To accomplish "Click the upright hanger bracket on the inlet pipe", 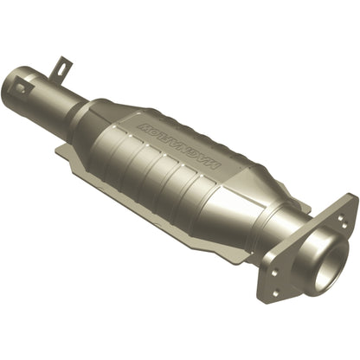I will pyautogui.click(x=61, y=67).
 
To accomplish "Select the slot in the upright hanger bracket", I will pyautogui.click(x=61, y=64).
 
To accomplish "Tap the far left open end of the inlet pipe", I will pyautogui.click(x=12, y=85).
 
